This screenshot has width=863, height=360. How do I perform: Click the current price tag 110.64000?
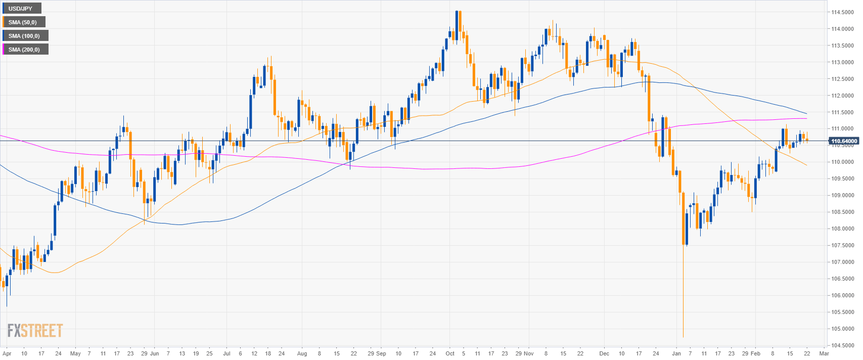coord(844,141)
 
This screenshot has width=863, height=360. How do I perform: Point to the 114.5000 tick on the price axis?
coord(843,12)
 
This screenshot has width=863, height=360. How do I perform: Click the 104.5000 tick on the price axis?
coord(843,345)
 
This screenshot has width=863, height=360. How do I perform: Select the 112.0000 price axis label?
coord(843,96)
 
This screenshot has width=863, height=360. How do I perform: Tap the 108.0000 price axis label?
coord(843,229)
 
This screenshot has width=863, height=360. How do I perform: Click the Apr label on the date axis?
coord(7,354)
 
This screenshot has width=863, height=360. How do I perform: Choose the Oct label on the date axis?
coord(450,354)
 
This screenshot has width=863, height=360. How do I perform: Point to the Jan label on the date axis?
coord(676,354)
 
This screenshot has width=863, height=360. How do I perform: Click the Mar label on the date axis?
coord(824,354)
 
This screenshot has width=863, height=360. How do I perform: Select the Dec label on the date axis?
coord(604,354)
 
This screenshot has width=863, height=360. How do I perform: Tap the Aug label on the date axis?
coord(302,354)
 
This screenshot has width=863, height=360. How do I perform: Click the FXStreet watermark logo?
coord(35,331)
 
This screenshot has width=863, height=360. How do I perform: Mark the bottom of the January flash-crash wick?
coord(683,337)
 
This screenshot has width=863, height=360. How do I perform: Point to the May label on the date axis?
coord(75,354)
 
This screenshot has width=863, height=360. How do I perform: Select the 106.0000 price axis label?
coord(843,295)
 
